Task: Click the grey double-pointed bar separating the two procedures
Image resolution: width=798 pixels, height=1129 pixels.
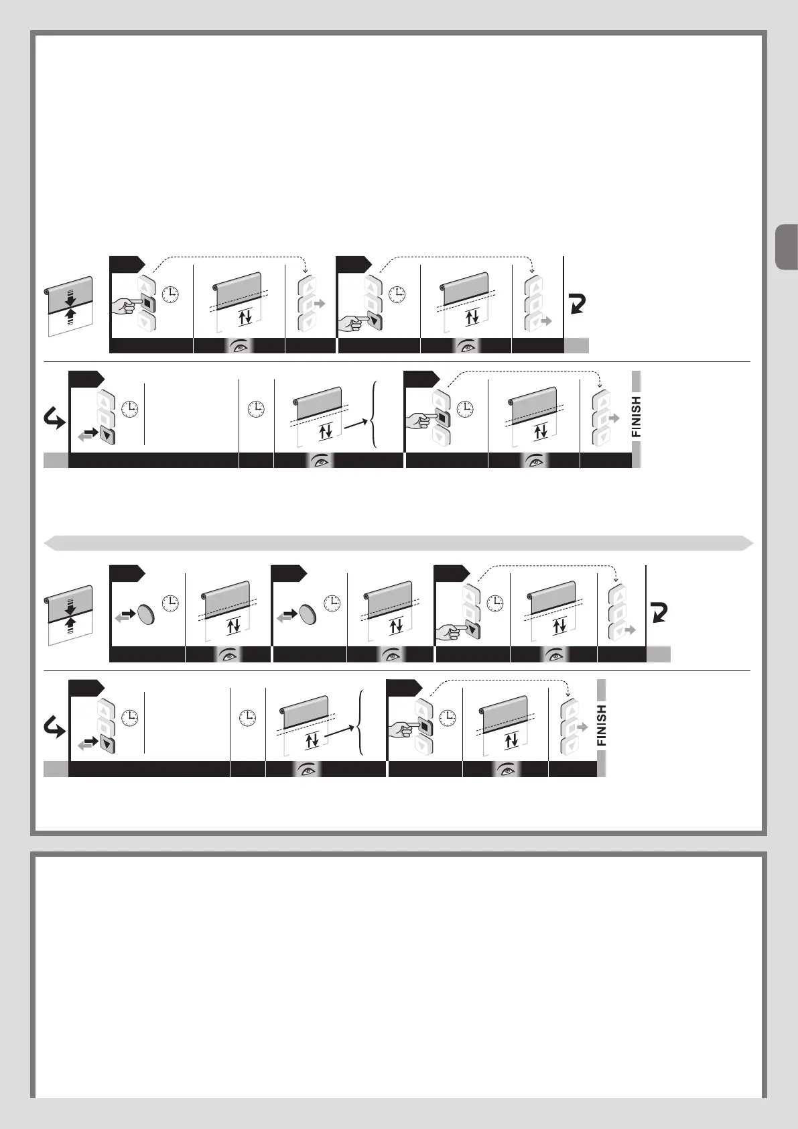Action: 399,543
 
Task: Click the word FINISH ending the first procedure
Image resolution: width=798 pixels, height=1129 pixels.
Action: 637,416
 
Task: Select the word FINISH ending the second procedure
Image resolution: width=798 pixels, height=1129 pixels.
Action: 602,725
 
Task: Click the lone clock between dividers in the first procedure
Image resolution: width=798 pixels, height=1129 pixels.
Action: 256,408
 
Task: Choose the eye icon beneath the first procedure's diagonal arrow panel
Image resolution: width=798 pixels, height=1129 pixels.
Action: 321,461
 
